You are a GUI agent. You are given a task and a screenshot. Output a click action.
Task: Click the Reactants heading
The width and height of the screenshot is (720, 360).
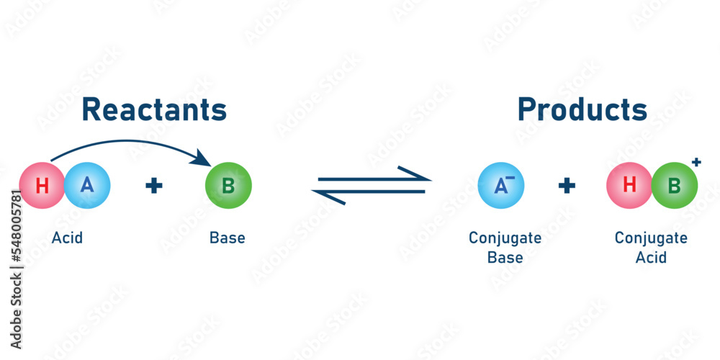[154, 110]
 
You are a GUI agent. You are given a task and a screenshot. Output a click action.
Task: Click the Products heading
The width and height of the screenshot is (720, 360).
[582, 110]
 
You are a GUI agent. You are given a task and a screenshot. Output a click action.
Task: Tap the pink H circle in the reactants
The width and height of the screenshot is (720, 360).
[42, 186]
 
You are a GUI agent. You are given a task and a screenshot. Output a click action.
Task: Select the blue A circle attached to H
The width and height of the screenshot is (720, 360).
[87, 186]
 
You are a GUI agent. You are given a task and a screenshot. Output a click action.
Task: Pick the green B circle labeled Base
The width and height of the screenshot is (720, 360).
[228, 186]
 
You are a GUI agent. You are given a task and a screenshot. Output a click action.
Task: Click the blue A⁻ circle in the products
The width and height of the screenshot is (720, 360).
[501, 186]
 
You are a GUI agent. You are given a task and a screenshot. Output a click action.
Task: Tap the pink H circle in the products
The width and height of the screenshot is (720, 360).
[629, 186]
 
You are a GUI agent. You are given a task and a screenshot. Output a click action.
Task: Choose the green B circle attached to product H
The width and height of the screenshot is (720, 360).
[675, 186]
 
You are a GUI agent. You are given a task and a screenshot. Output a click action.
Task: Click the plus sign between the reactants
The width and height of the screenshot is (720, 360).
[154, 186]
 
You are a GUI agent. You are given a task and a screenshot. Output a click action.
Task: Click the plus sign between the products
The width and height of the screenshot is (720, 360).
[567, 186]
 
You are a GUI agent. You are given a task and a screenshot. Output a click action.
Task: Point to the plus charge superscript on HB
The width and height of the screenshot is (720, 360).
[696, 161]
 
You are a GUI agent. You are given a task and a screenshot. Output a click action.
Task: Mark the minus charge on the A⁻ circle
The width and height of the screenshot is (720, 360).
[511, 178]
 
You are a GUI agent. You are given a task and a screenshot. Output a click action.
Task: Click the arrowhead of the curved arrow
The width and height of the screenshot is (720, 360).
[202, 158]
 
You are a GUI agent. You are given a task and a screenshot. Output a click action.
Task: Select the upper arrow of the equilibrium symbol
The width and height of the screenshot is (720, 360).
[374, 175]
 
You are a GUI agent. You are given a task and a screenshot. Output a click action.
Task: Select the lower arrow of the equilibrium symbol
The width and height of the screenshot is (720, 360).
[369, 196]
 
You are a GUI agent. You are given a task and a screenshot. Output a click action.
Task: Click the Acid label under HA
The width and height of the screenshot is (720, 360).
[67, 238]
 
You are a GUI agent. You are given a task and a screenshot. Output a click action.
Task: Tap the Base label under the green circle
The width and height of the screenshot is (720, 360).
[228, 238]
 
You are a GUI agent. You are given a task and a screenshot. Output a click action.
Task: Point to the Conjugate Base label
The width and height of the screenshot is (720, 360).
[505, 248]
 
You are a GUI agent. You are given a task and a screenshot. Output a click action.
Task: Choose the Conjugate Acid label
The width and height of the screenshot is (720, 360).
[651, 248]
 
